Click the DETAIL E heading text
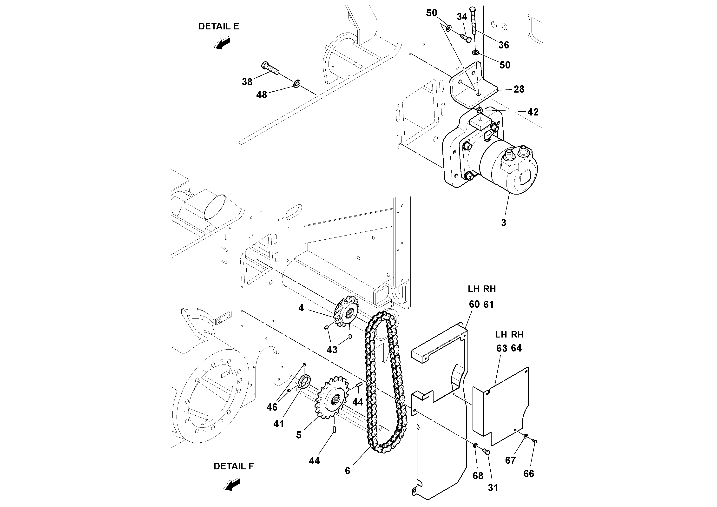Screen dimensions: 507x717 [x=219, y=27]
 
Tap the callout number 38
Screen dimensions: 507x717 [x=247, y=82]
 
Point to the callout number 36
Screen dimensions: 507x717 [x=504, y=45]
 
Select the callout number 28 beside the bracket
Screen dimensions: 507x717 [x=519, y=89]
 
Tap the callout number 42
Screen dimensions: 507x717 [x=533, y=112]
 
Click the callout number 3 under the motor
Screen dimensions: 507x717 [x=503, y=223]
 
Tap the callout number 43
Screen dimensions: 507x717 [x=332, y=350]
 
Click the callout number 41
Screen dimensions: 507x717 [x=279, y=424]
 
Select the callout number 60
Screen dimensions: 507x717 [x=474, y=304]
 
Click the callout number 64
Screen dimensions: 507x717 [x=516, y=348]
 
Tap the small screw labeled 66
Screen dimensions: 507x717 [x=534, y=441]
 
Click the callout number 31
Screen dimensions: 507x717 [x=493, y=488]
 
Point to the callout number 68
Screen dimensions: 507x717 [x=478, y=476]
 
